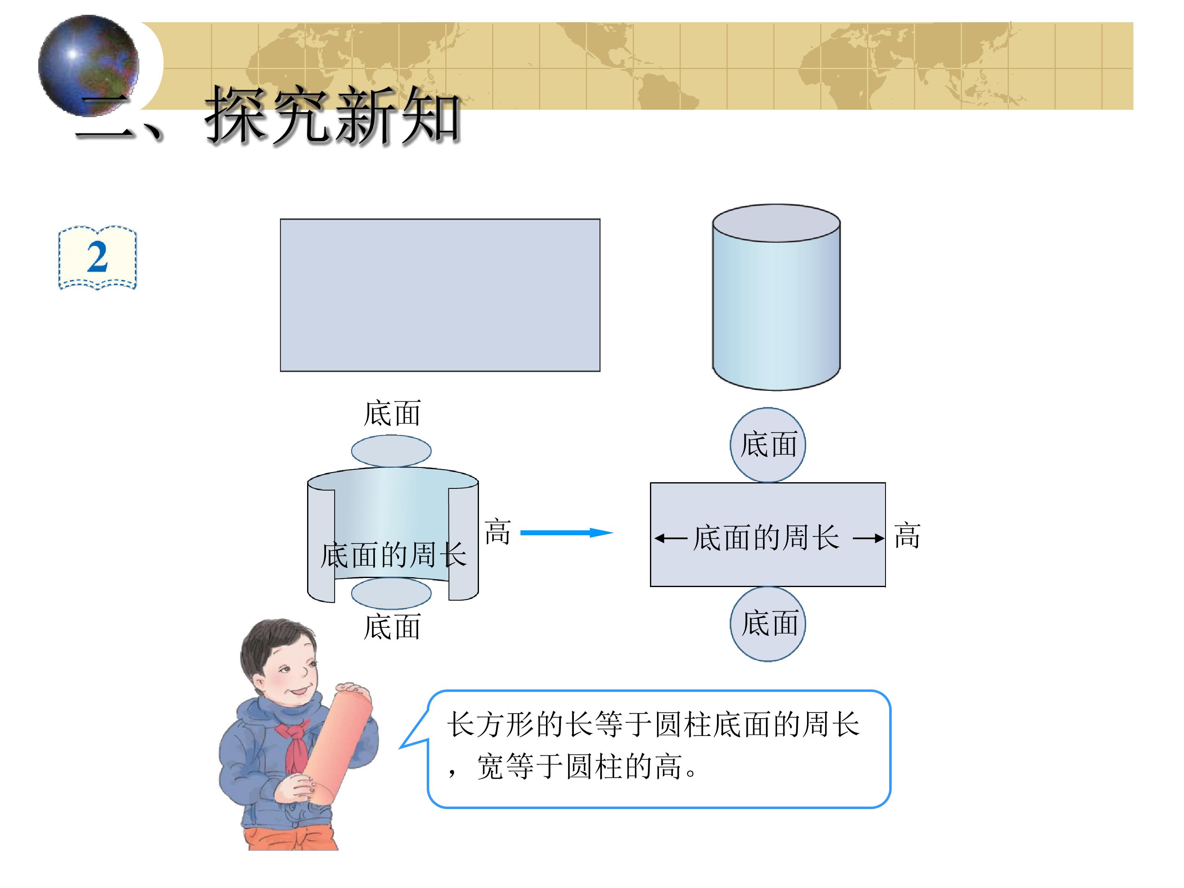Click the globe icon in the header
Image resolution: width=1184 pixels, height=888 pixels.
pos(88,65)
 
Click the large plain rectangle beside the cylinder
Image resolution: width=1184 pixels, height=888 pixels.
pos(440,295)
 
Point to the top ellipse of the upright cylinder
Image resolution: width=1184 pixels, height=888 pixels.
pos(776,223)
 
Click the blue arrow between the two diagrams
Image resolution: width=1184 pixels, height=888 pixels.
pos(567,532)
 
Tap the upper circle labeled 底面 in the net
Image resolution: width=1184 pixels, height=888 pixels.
pos(768,445)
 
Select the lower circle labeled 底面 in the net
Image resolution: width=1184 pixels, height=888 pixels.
pos(768,624)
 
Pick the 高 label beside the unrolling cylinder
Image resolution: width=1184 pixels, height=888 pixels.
pos(498,532)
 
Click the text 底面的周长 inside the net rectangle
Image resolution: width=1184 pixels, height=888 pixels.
pos(766,537)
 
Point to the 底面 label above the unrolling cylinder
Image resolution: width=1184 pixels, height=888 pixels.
pos(392,413)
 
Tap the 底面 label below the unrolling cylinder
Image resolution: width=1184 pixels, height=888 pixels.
pos(392,627)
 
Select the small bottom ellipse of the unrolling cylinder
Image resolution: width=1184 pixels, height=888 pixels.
pos(391,593)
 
